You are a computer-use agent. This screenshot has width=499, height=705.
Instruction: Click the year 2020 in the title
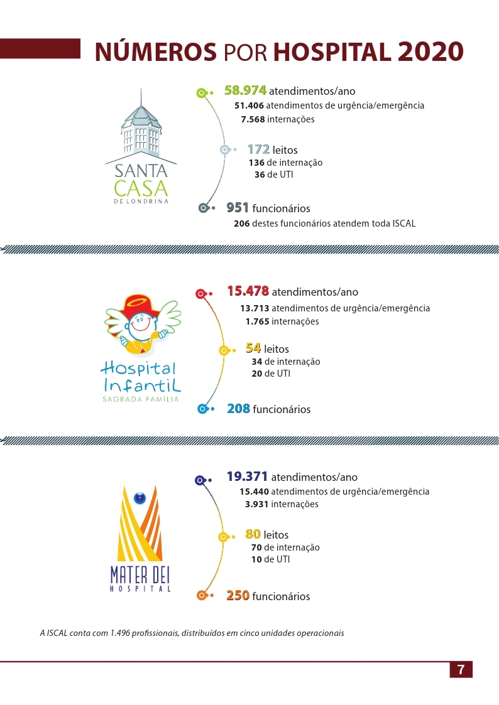point(430,51)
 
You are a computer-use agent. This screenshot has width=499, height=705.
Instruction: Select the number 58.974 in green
point(246,90)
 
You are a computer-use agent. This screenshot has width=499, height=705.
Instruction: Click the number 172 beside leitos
point(258,149)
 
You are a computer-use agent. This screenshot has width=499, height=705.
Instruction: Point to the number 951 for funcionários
point(238,208)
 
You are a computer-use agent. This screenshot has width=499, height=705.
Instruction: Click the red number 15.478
point(248,291)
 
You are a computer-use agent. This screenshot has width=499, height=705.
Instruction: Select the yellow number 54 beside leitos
point(253,348)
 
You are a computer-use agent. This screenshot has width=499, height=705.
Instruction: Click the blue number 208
point(239,409)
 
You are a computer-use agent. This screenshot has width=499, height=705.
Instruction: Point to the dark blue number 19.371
point(248,476)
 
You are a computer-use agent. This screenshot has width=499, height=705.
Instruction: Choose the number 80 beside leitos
point(253,534)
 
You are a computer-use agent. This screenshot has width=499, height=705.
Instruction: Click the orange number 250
point(238,595)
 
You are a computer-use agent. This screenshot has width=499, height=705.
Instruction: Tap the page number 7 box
point(461,669)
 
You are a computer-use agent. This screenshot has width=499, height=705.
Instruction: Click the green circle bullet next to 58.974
point(201,93)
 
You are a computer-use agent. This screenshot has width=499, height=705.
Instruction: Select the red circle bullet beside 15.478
point(200,293)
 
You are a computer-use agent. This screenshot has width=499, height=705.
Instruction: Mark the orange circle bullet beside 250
point(201,595)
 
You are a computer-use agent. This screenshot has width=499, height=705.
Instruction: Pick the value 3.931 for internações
point(257,504)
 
